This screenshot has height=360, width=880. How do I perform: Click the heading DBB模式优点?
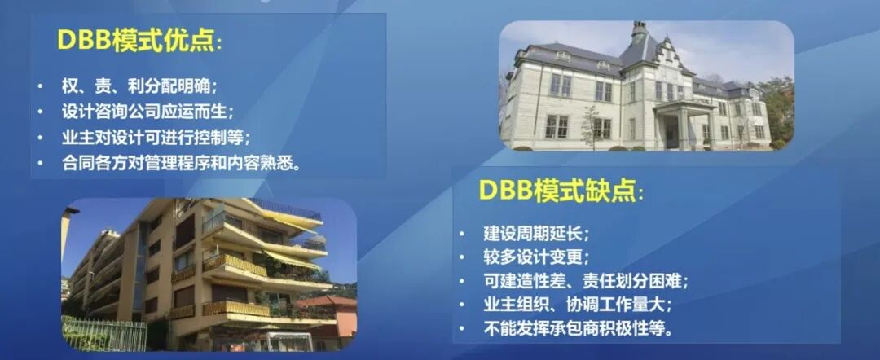[x=138, y=41]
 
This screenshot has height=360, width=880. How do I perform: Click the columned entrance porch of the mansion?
[x=683, y=122]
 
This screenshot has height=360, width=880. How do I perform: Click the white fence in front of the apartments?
[x=102, y=332]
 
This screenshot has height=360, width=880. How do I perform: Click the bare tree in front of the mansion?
[x=588, y=126]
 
